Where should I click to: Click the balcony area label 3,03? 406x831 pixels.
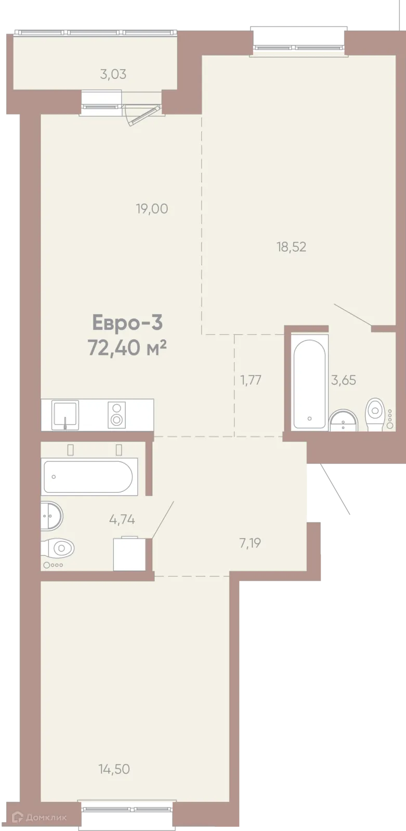click(113, 74)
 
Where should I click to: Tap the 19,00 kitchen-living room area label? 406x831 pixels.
click(152, 209)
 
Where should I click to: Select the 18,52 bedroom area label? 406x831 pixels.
click(291, 247)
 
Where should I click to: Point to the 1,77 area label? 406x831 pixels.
click(251, 380)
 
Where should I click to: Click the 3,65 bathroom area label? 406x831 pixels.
click(344, 380)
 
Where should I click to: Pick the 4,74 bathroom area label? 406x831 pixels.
click(122, 519)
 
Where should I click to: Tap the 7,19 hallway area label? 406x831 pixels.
click(250, 543)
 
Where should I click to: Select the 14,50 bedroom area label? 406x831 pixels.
click(114, 769)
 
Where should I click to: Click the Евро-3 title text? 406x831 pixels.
click(127, 323)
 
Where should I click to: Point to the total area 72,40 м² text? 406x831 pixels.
click(127, 348)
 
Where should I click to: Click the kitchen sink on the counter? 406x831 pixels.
click(65, 414)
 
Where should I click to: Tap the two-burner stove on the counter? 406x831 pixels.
click(116, 414)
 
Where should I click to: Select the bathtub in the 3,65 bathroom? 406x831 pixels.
click(309, 383)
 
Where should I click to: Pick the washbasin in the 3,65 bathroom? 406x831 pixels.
click(343, 420)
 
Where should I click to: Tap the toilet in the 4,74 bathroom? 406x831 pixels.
click(59, 548)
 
